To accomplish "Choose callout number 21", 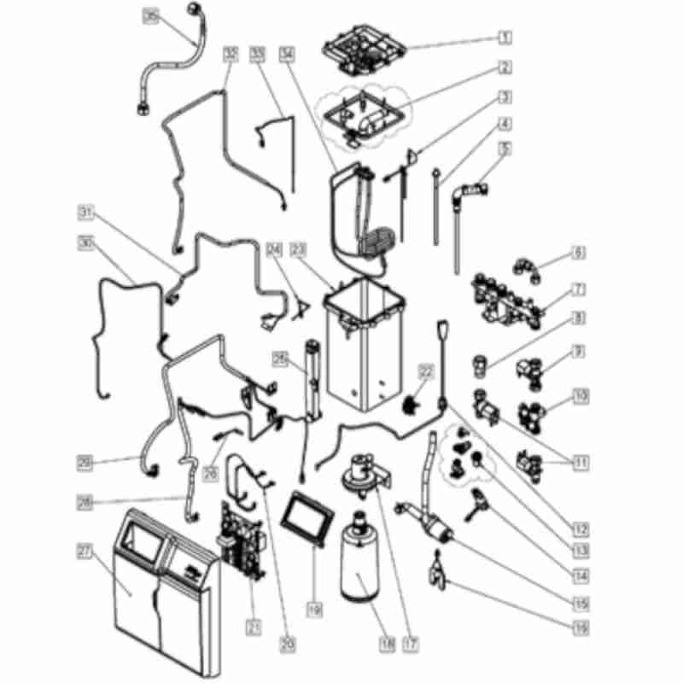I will [x=253, y=628].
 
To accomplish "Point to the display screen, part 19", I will [x=306, y=517].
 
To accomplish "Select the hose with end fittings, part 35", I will [x=175, y=64].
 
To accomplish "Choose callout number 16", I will [x=581, y=628].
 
